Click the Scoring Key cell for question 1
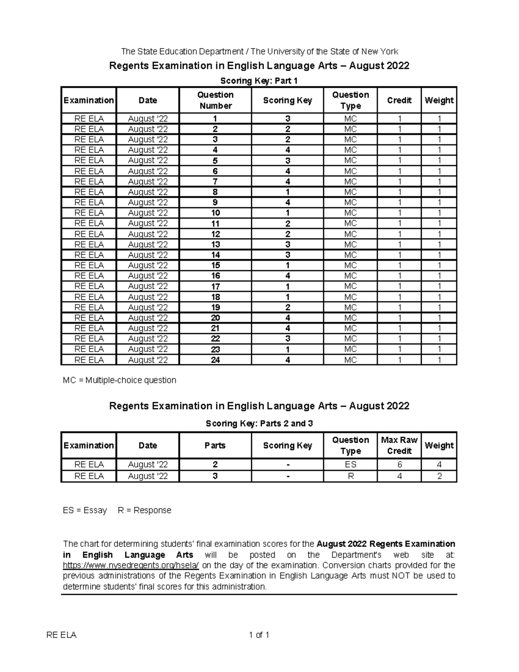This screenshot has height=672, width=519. (x=287, y=119)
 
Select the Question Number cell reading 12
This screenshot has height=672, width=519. (x=215, y=234)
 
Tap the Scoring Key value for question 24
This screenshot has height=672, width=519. (x=287, y=360)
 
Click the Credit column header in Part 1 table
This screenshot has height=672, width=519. (x=399, y=100)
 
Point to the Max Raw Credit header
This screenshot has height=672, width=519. (x=399, y=445)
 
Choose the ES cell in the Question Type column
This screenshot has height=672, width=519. (x=350, y=465)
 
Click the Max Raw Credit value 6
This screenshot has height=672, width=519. (x=399, y=465)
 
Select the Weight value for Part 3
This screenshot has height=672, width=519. (x=439, y=476)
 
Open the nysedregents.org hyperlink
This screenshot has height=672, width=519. (x=131, y=566)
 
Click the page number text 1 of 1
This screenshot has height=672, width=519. (x=259, y=635)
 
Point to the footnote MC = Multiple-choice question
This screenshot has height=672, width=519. (x=119, y=380)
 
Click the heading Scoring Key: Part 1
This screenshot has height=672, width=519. (x=259, y=80)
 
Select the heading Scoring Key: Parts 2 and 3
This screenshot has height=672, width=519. (x=259, y=424)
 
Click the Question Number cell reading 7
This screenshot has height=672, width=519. (x=215, y=182)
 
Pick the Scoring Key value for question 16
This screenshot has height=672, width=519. (x=287, y=276)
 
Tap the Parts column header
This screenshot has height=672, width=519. (x=215, y=445)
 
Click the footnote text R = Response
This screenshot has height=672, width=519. (x=144, y=510)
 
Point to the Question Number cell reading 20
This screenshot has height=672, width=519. (x=215, y=318)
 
